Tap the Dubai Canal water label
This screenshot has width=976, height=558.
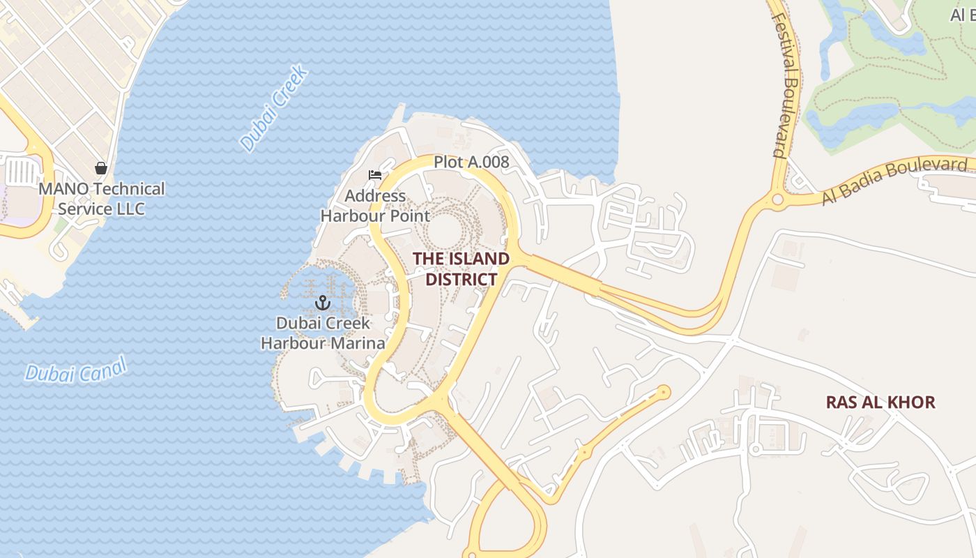[76, 369]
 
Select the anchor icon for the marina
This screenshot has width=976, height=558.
[322, 303]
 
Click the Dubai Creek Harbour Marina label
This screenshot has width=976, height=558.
[323, 333]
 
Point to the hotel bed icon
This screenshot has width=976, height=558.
[375, 175]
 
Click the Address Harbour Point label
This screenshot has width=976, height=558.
[375, 206]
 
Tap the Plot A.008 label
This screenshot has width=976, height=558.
[471, 162]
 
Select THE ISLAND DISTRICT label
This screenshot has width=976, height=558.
[461, 269]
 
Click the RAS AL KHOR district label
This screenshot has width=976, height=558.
[880, 402]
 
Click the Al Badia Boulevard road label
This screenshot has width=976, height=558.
[894, 180]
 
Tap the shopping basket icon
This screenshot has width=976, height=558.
[101, 168]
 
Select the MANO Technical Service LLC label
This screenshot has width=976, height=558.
[102, 199]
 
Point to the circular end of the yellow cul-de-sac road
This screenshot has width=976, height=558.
[663, 392]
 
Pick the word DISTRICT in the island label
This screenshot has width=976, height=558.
[461, 280]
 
